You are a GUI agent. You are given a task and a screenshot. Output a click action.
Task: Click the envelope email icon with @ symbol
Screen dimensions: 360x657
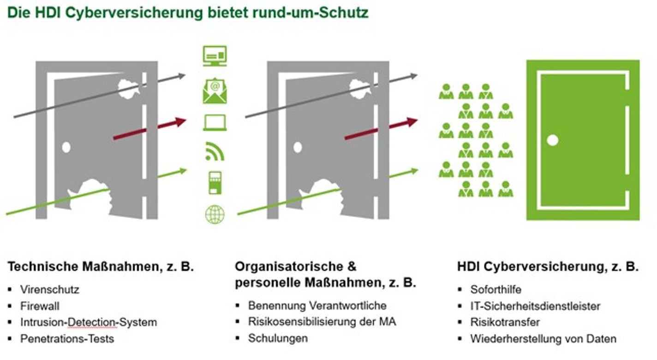coord(215,90)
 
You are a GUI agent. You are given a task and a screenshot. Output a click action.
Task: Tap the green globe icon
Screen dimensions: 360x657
coord(215,215)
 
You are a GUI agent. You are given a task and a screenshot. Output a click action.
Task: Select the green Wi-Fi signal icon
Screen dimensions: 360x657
coord(215,152)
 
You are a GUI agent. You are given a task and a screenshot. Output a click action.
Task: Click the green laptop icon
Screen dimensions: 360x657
coord(215,122)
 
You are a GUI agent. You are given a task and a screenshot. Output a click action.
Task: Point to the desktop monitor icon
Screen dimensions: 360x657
coord(215,55)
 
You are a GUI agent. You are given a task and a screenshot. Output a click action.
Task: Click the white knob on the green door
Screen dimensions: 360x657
coord(552,140)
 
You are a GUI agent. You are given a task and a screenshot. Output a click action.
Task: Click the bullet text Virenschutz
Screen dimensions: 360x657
coord(50,290)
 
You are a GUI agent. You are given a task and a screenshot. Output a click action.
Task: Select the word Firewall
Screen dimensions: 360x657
coord(40,306)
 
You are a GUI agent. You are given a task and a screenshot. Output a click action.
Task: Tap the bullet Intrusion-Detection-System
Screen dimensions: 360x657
coord(89,322)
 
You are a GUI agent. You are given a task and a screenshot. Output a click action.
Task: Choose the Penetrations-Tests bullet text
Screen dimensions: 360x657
coord(67,339)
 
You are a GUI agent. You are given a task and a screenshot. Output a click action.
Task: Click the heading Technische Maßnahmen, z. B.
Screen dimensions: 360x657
coord(101,266)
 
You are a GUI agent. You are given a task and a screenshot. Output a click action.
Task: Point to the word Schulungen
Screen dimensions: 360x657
coord(278,338)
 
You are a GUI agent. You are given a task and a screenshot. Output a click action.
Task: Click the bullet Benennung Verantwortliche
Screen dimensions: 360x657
coord(317,306)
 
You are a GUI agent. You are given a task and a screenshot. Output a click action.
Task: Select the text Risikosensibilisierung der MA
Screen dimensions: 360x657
coord(322,322)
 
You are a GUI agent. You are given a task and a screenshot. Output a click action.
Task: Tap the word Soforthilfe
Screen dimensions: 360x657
coord(496,290)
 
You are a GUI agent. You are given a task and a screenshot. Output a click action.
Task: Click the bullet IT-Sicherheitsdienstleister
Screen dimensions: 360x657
coord(535,306)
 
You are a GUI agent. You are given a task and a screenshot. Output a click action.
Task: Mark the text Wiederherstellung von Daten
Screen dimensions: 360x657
coord(543,339)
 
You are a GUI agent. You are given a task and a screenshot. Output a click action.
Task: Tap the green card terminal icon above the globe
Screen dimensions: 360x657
coord(215,183)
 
